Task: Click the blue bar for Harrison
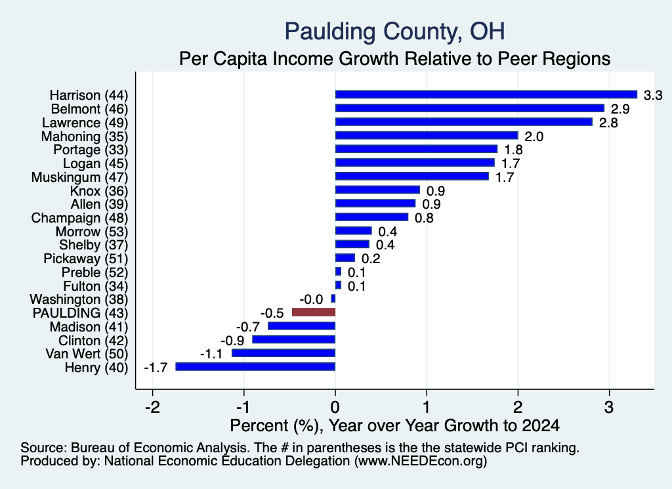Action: (x=486, y=95)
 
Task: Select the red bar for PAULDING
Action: (x=313, y=312)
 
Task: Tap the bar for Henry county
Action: (x=255, y=366)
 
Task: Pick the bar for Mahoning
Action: (x=427, y=135)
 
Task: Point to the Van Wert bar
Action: (x=283, y=353)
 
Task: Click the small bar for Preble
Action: (x=338, y=272)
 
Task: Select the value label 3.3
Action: (x=653, y=95)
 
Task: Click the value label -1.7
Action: (x=156, y=368)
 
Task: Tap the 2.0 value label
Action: (x=534, y=137)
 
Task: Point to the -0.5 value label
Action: (x=272, y=313)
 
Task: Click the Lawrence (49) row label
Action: (x=85, y=123)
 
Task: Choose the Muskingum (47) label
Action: (x=79, y=177)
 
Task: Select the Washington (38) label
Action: (x=79, y=299)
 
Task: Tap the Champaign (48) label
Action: (x=79, y=218)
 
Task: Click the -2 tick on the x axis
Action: (x=152, y=406)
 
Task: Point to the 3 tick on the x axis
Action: (x=609, y=406)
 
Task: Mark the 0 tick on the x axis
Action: (x=335, y=406)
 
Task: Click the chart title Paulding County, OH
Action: (x=394, y=32)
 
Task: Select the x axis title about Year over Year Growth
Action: (x=394, y=425)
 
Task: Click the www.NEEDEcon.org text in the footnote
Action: (x=421, y=461)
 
